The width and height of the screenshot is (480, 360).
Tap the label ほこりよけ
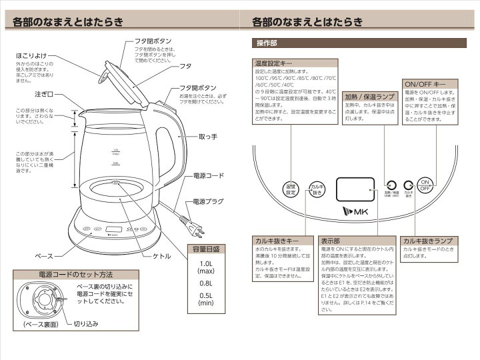coord(32,54)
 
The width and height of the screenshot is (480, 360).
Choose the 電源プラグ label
coord(209,201)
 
